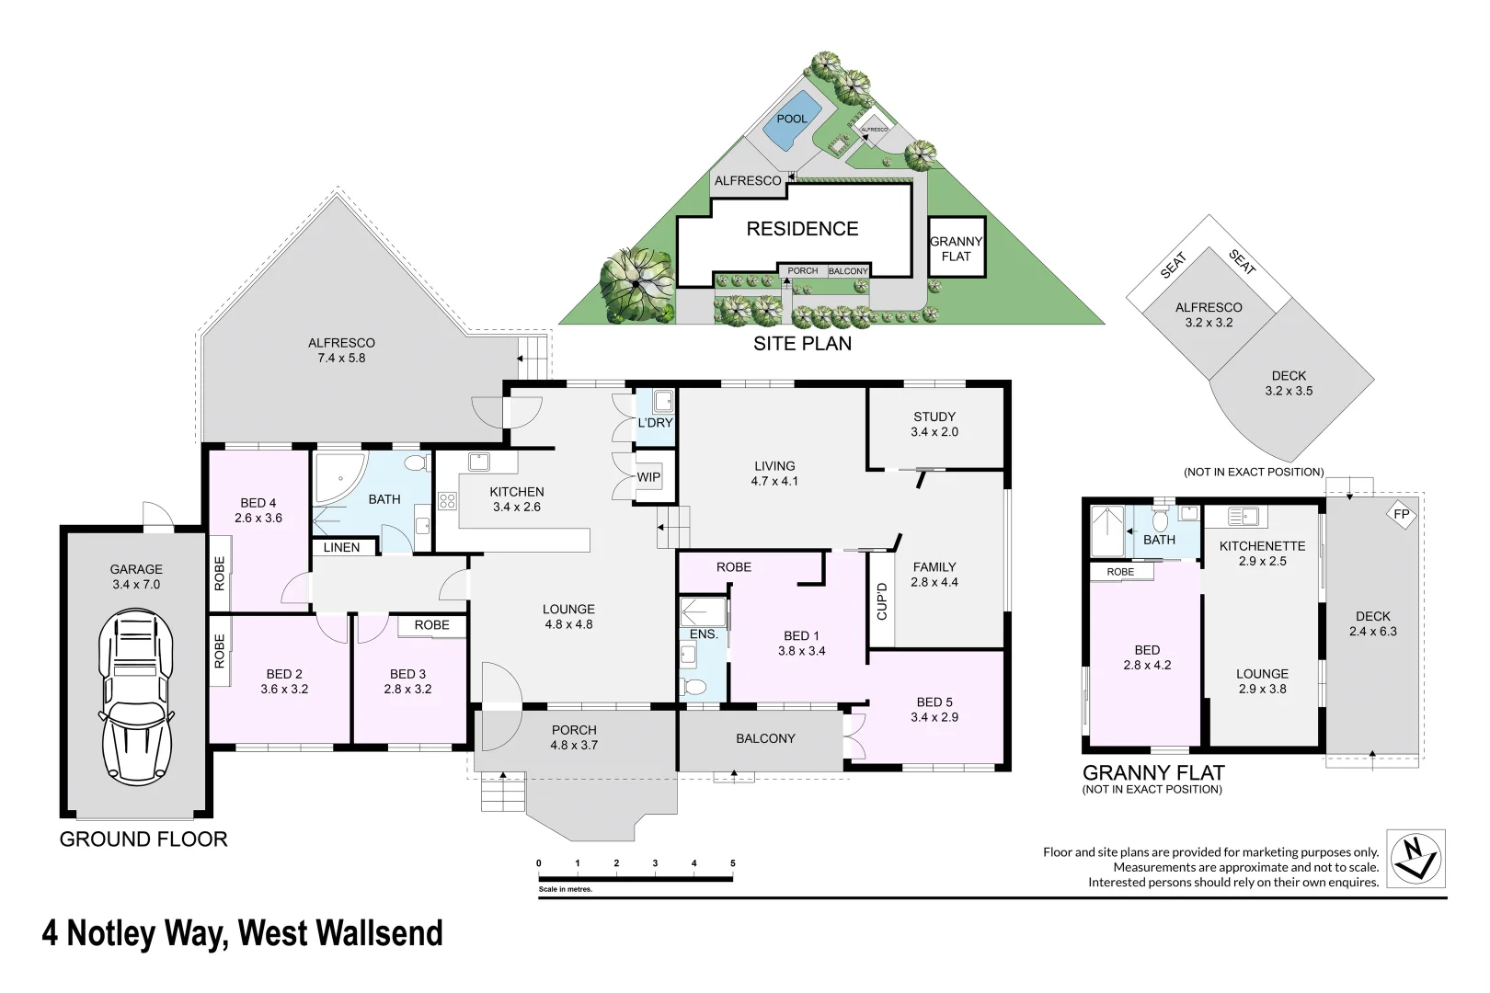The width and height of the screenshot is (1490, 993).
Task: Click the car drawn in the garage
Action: [x=136, y=700]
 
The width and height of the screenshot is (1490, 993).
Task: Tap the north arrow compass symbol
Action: [x=1415, y=858]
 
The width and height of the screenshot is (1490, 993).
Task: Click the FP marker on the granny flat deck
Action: [x=1401, y=515]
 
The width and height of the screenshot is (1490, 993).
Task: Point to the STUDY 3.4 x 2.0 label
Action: [x=934, y=424]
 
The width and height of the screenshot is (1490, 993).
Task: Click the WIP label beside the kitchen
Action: [x=648, y=477]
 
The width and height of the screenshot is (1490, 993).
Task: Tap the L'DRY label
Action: [x=655, y=423]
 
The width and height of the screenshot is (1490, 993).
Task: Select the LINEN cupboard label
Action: [x=341, y=547]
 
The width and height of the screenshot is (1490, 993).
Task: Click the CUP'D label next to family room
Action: [x=881, y=600]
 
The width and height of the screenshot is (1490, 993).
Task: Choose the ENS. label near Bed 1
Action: [x=704, y=634]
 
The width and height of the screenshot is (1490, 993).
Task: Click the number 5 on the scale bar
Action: [x=732, y=863]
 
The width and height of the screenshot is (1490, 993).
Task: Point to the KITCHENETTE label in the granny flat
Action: [x=1262, y=546]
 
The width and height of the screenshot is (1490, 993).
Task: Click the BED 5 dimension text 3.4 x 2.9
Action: [x=934, y=717]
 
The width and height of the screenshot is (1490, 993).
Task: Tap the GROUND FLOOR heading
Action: [x=143, y=839]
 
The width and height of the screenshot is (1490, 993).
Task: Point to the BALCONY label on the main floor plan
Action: [x=765, y=738]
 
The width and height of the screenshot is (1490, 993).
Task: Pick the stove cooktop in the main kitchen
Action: [x=447, y=501]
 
